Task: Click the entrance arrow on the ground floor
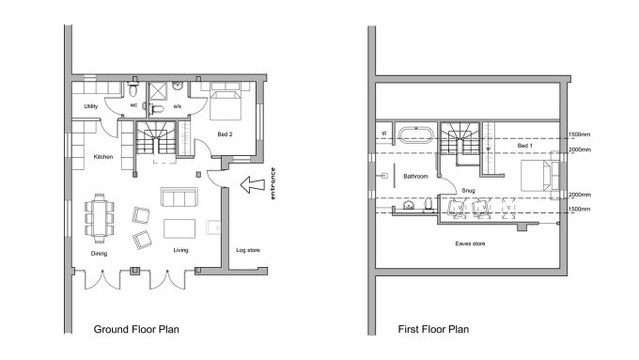point(253,184)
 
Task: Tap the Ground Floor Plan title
point(136,329)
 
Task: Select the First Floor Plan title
point(433,329)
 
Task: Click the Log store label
point(248,250)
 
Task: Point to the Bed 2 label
point(225,134)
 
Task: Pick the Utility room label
point(91,106)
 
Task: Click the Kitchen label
point(103,157)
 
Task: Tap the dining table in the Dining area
point(100,218)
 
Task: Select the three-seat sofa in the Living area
point(179,197)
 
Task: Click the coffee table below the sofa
point(179,228)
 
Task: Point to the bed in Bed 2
point(226,102)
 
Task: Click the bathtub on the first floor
point(415,134)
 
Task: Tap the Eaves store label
point(470,243)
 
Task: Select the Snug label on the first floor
point(468,191)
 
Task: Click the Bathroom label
point(415,176)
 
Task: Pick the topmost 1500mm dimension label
point(579,134)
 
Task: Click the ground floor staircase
point(156,137)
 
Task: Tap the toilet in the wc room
point(132,89)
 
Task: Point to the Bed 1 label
point(525,146)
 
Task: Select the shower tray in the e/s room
point(158,90)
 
